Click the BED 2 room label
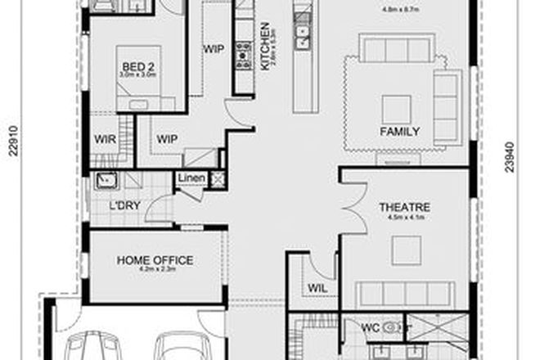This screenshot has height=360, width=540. tap(133, 65)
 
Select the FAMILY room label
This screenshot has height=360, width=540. tap(400, 132)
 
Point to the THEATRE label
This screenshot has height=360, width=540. tap(404, 208)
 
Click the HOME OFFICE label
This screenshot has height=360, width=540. tap(155, 260)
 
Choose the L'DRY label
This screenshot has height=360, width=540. tap(114, 205)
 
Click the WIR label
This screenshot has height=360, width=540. tap(104, 139)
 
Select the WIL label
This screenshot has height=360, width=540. tap(318, 288)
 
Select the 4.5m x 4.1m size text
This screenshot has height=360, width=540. tap(404, 218)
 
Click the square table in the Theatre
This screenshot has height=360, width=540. tap(406, 250)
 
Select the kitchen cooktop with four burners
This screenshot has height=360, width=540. tap(242, 58)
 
